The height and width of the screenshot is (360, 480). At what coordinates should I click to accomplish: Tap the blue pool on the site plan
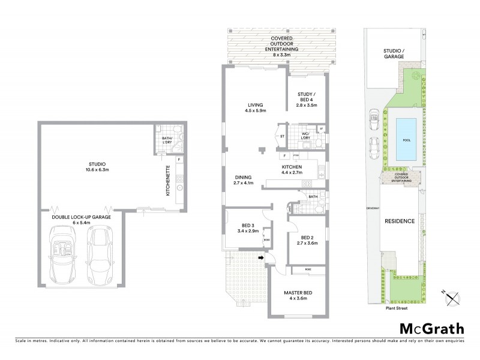point(406,137)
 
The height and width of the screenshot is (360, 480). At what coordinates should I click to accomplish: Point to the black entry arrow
point(260,258)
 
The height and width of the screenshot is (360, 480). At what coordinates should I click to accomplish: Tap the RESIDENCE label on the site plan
point(399,221)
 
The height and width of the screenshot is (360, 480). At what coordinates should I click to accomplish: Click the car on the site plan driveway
point(374,146)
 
